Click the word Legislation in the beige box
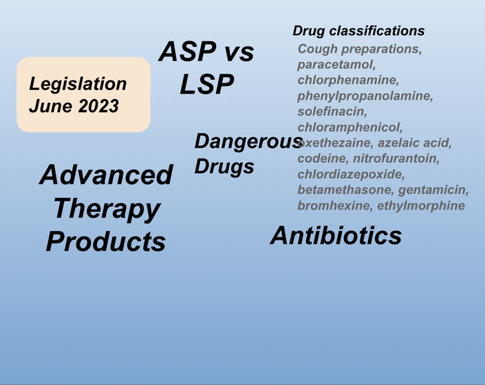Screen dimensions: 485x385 point(78,84)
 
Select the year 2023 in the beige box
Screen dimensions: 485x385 point(98,106)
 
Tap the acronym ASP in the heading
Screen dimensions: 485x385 point(187,52)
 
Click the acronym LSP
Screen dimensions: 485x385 point(206,84)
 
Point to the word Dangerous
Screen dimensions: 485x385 point(248,142)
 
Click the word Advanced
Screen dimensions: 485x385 point(106,175)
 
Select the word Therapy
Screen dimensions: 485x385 point(107,209)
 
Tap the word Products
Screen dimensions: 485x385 point(106,241)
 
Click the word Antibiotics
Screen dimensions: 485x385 point(336,236)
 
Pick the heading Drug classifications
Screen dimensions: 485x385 point(358,31)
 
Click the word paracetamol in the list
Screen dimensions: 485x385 point(336,65)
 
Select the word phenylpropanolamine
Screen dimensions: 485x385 point(365,96)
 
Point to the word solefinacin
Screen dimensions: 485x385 point(332,111)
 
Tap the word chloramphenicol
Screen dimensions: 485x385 point(350,127)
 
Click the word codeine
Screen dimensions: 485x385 point(323,159)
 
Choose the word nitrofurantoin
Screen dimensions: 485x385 point(396,159)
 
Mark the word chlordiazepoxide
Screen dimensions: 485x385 point(351,174)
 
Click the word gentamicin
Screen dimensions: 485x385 point(433,190)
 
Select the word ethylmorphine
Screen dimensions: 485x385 point(421,206)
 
